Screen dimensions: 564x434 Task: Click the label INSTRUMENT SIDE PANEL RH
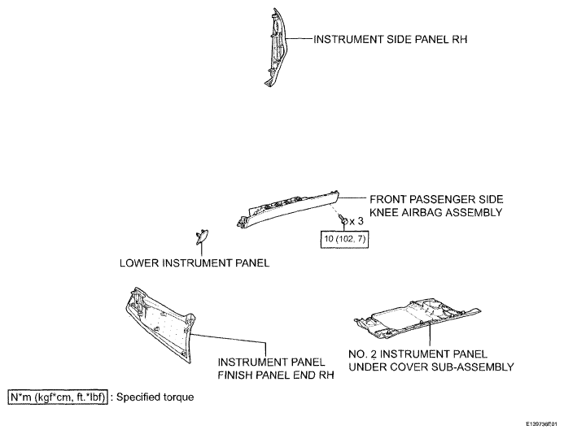pos(391,39)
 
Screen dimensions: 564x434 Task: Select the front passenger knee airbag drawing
pos(288,208)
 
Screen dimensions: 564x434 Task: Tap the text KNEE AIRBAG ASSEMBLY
pos(435,212)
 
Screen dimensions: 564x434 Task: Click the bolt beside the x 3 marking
pos(343,220)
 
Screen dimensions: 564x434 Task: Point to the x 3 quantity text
pos(356,221)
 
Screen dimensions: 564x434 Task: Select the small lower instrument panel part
pos(202,237)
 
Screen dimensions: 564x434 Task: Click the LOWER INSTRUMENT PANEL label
pos(195,263)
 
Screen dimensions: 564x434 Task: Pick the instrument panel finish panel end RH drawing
pos(160,324)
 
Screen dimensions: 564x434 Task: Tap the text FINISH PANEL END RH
pos(276,375)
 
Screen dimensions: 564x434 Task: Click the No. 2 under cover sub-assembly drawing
pos(418,318)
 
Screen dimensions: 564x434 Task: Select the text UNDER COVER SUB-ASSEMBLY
pos(431,367)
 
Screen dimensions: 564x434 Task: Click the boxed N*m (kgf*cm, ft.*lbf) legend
pos(58,397)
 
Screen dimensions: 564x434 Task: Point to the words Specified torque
pos(155,397)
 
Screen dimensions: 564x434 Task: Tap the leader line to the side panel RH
pos(299,38)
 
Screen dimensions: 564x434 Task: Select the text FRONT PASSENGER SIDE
pos(436,199)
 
